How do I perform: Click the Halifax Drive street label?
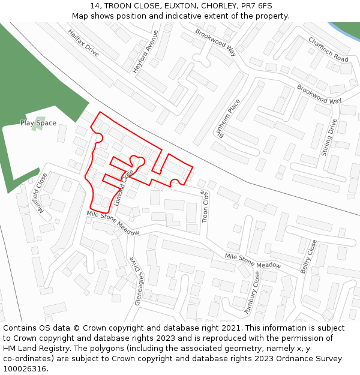(83, 43)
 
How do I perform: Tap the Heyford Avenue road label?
(146, 52)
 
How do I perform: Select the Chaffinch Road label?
(328, 50)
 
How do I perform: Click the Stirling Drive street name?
(329, 137)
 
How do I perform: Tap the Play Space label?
(38, 123)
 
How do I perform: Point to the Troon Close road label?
(204, 206)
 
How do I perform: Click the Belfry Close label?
(308, 257)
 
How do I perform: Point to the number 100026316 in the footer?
(25, 369)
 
